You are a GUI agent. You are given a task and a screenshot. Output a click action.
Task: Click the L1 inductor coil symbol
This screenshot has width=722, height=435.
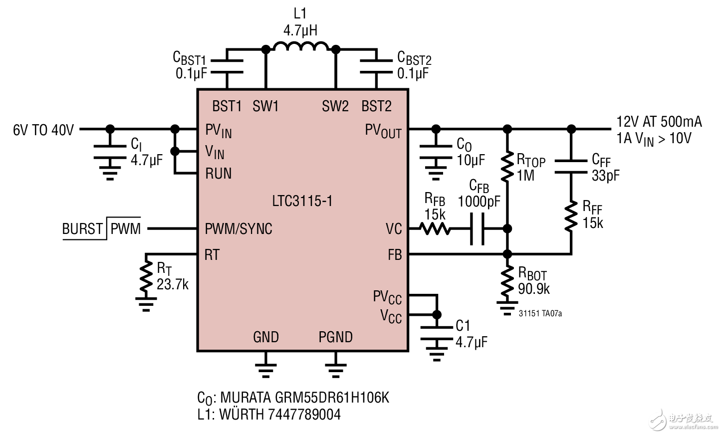coord(301,46)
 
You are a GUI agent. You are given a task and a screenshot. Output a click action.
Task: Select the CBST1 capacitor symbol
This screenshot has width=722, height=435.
coord(227,66)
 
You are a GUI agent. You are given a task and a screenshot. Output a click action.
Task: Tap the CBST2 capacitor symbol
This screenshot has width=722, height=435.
coord(376,66)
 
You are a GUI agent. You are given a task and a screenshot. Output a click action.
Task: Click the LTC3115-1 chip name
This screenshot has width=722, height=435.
coord(302,201)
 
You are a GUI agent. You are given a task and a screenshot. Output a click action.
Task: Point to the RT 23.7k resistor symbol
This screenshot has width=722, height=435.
coord(146,277)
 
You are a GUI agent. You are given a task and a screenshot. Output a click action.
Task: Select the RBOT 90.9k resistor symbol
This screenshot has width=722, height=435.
coord(507,281)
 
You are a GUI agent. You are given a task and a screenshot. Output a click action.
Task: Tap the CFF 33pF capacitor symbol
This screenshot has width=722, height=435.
coord(571,167)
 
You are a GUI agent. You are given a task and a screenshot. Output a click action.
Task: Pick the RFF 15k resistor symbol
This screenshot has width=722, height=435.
coord(571,216)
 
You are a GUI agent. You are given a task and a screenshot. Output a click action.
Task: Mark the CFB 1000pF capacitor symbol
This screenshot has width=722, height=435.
coord(477,229)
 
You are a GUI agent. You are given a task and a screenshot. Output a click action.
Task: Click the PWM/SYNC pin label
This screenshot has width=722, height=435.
coord(239,229)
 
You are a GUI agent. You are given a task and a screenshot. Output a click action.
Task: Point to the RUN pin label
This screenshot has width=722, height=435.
coord(219,174)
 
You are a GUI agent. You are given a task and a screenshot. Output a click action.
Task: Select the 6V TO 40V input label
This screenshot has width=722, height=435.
coord(43,130)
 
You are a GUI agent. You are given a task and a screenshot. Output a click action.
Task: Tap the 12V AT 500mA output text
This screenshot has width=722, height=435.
coord(659,122)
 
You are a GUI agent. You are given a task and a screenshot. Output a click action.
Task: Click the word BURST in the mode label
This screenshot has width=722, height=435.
coord(82,229)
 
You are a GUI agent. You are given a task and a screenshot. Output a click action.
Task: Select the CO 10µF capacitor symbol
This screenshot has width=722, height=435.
coord(436,152)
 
